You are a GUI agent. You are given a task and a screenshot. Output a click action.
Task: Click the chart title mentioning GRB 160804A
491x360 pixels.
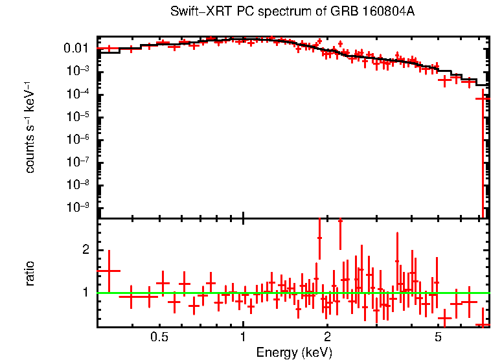[x=293, y=12]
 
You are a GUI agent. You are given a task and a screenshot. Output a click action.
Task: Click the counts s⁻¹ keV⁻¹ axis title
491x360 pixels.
[x=30, y=127]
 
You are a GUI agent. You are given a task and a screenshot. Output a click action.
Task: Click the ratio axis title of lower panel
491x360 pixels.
[x=30, y=274]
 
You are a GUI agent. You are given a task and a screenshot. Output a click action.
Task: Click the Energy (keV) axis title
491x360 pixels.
[x=294, y=352]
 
